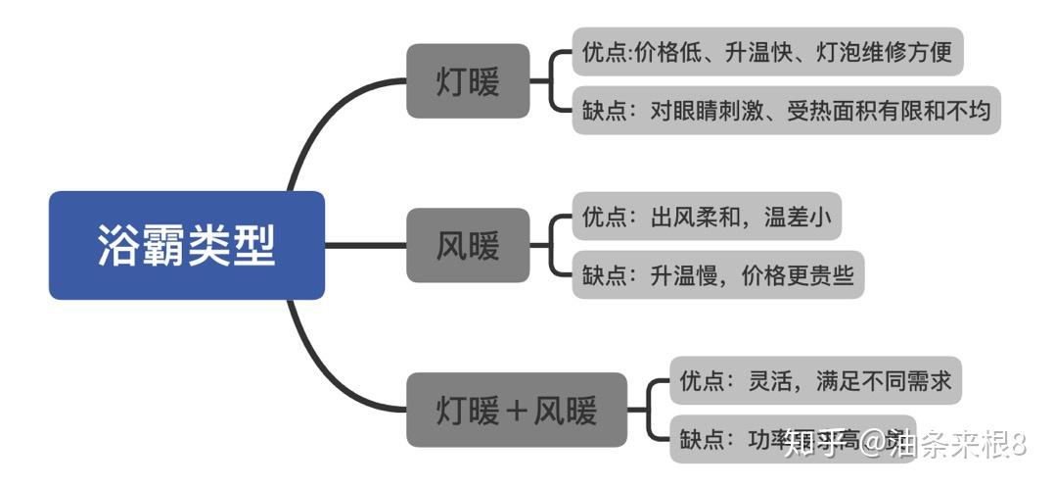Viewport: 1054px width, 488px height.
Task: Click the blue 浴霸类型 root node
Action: point(186,245)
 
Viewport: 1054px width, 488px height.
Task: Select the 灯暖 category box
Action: point(468,80)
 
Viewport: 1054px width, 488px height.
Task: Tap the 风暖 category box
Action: point(468,245)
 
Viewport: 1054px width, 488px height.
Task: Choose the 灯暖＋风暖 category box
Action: point(516,410)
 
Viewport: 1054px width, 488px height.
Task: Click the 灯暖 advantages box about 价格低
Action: point(768,51)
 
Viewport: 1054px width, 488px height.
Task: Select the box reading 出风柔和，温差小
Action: point(707,217)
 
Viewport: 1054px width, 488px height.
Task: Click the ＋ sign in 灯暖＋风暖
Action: point(516,411)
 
